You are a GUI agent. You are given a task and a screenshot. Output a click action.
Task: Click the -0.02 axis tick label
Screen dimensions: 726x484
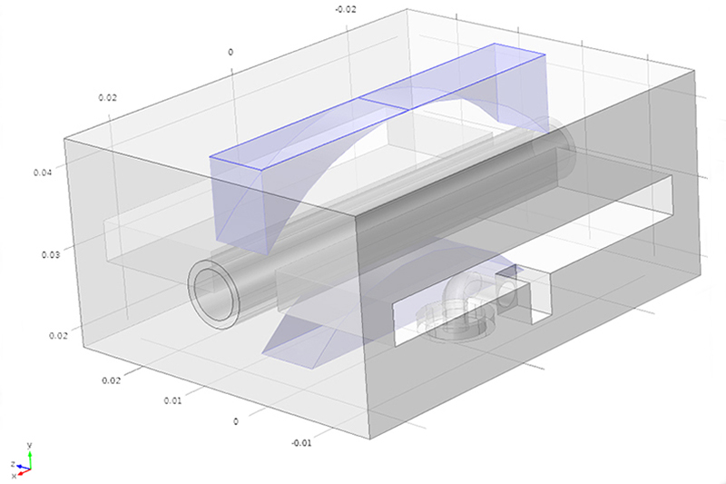(346, 9)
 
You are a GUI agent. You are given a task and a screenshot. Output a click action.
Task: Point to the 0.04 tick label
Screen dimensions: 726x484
(43, 173)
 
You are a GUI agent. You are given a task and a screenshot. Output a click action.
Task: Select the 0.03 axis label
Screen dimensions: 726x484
(51, 255)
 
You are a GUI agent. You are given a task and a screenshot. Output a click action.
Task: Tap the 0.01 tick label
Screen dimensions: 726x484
(172, 400)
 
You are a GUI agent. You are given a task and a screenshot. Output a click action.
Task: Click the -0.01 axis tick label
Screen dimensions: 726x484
(301, 443)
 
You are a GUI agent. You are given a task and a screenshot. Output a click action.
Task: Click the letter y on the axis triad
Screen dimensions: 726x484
(29, 446)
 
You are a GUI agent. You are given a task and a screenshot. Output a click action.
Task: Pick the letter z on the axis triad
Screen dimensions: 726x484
(13, 464)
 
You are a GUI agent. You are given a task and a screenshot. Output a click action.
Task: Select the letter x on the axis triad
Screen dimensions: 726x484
(14, 476)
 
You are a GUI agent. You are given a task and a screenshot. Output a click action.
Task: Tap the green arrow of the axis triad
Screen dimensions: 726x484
(30, 459)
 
